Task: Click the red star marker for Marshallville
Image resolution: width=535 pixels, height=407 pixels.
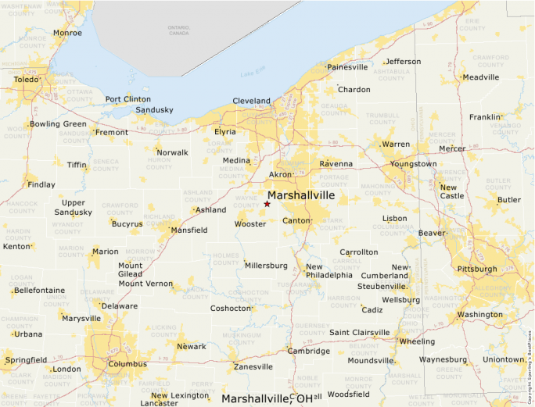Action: tap(267, 204)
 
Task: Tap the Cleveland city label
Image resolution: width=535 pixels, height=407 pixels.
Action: tap(251, 101)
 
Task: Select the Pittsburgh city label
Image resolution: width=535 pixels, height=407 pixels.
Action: tap(477, 270)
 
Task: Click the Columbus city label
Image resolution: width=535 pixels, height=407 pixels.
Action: tap(127, 364)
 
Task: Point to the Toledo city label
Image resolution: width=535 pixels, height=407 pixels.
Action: tap(26, 80)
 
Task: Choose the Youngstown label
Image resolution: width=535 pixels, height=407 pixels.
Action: tap(414, 164)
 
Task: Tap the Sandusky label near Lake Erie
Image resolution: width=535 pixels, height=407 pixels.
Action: tap(154, 110)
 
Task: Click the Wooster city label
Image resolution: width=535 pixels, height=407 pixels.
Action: tap(250, 224)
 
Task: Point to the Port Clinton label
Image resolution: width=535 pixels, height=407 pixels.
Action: tap(127, 99)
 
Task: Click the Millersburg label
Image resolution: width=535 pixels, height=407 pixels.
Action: tap(266, 266)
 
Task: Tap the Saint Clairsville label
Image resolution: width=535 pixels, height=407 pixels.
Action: tap(359, 333)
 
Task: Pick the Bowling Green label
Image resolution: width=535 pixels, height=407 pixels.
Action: tap(58, 124)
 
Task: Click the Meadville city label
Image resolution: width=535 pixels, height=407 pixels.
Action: tap(481, 77)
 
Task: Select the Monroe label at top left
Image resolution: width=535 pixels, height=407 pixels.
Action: tap(66, 33)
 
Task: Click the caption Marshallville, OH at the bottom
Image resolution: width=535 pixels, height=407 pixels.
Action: tap(267, 398)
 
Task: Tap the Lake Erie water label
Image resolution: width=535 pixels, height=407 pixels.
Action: tap(250, 74)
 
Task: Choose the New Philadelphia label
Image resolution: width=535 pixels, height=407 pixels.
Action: tap(329, 271)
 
